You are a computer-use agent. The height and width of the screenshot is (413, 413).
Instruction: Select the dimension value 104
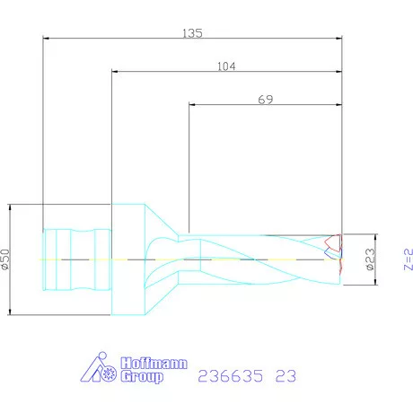[x=227, y=66]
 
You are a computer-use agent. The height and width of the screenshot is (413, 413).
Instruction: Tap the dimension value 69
[x=265, y=100]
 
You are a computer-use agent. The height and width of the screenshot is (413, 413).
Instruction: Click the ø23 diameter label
[x=369, y=259]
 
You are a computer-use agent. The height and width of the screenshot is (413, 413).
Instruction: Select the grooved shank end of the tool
[x=75, y=259]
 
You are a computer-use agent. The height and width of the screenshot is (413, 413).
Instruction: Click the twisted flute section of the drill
[x=260, y=259]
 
